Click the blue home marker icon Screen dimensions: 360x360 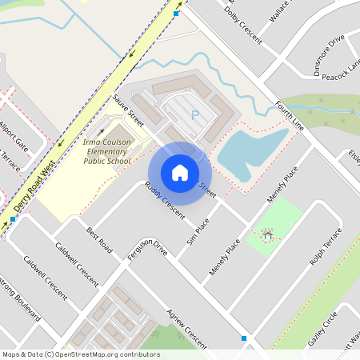180,172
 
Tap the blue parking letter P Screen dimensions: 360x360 194,115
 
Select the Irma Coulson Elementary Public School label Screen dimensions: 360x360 107,150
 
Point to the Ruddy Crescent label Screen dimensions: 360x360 165,200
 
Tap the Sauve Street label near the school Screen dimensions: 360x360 127,111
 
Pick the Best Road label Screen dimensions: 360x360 99,237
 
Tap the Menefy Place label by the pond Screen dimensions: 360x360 283,185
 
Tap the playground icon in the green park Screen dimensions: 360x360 267,235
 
